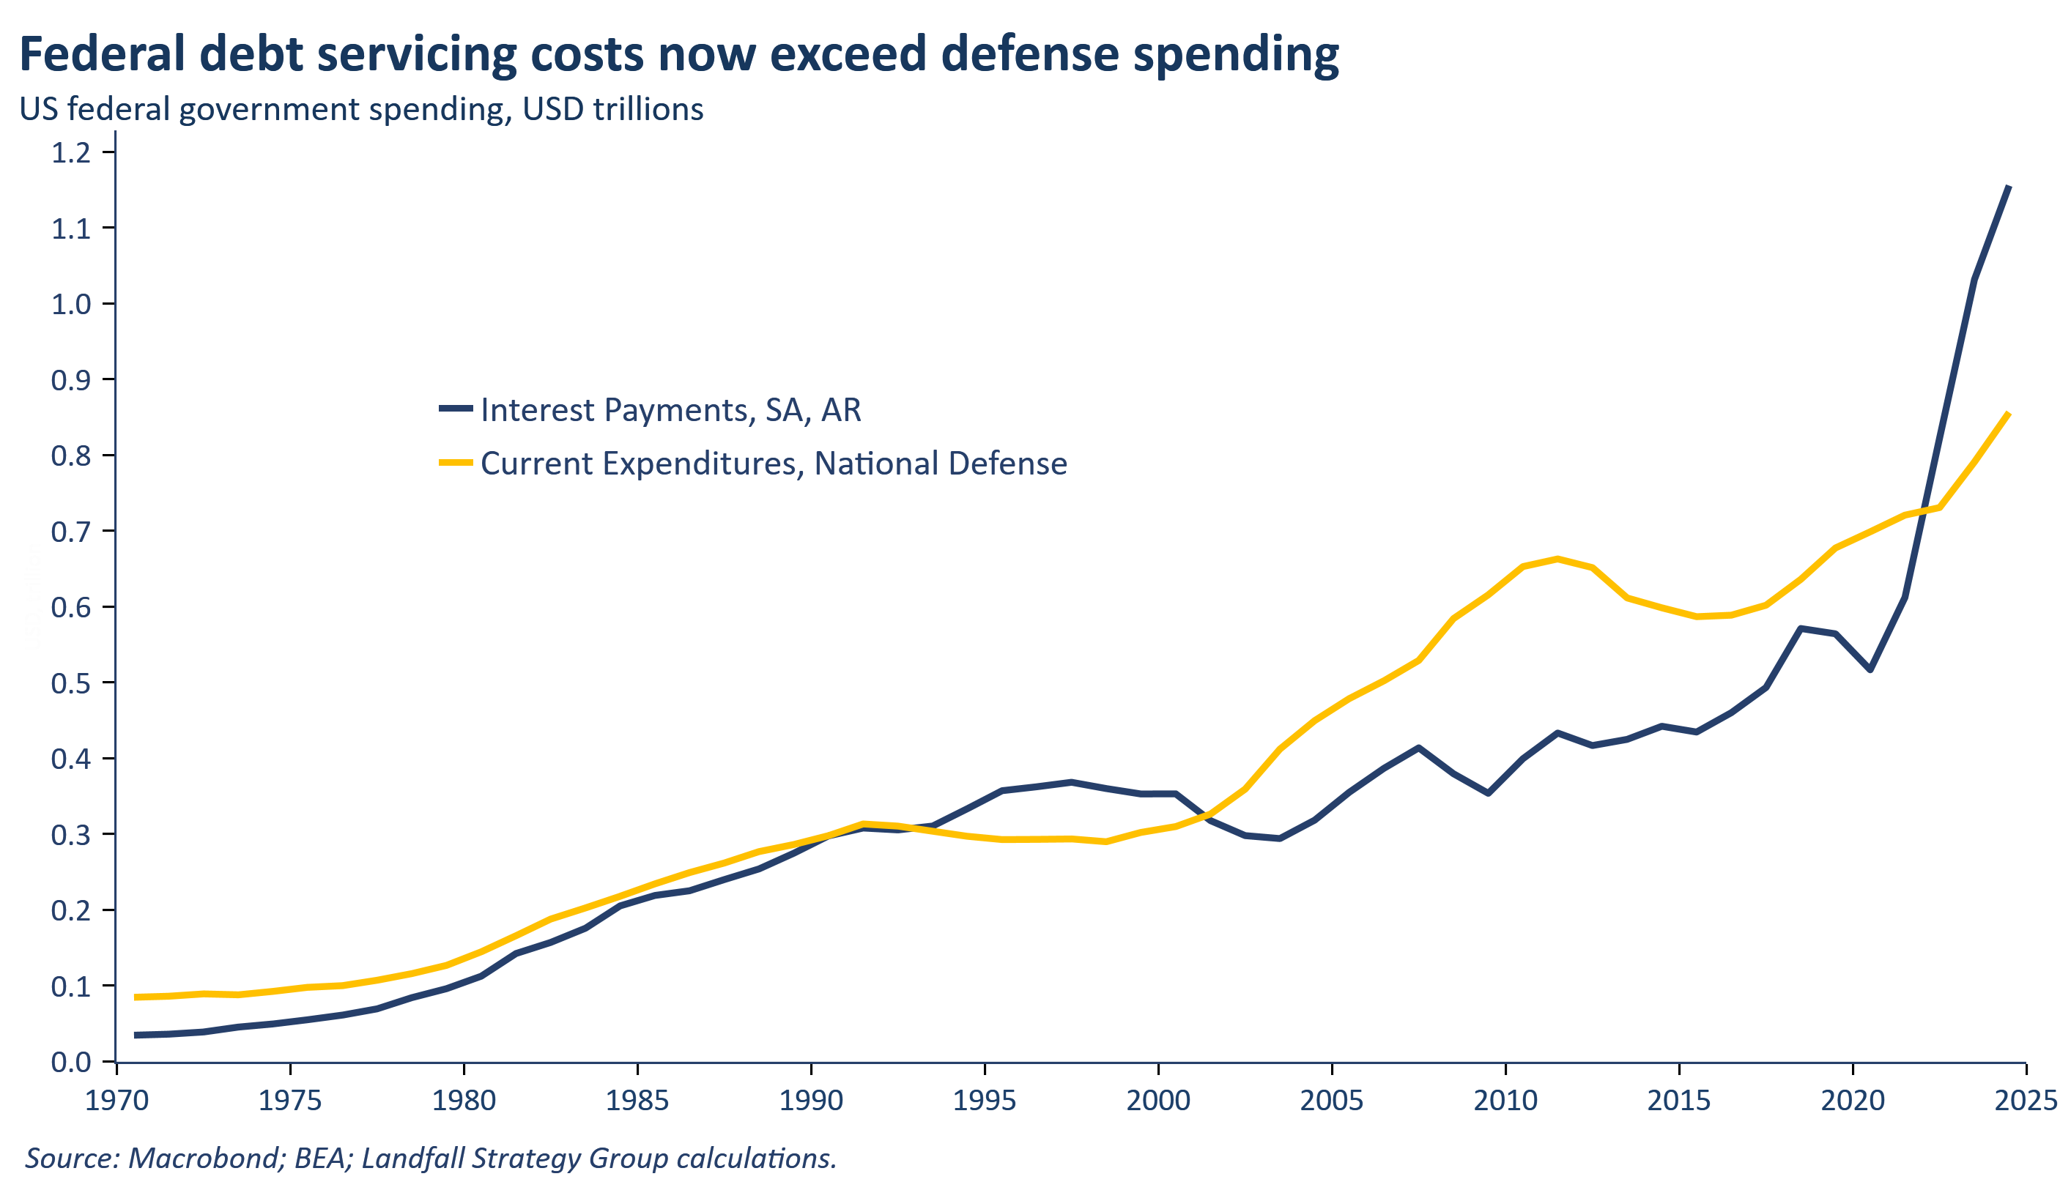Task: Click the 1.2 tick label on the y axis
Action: point(71,152)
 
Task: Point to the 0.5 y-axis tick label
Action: point(71,683)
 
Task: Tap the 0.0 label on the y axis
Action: point(71,1062)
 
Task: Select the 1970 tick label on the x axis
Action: point(117,1101)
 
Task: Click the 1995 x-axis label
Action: point(985,1101)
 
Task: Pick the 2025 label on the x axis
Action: point(2026,1101)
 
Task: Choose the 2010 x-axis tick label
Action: point(1505,1101)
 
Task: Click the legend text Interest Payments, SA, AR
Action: point(670,410)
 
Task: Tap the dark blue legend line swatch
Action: point(456,409)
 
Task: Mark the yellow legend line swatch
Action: point(456,462)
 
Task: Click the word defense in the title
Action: point(1029,54)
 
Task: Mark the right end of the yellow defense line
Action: point(2009,414)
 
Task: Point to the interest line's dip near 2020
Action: point(1870,670)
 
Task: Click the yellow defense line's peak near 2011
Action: point(1558,559)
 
